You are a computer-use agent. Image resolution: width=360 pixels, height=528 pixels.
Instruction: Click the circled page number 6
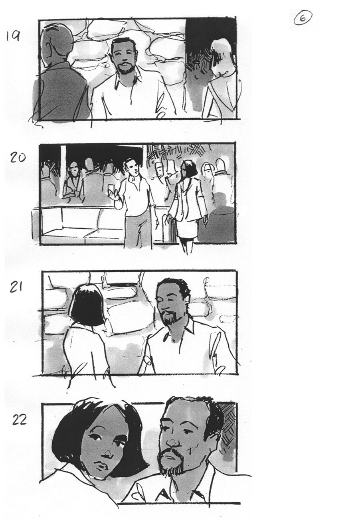click(303, 17)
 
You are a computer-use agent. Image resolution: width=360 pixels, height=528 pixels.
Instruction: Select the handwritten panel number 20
click(18, 157)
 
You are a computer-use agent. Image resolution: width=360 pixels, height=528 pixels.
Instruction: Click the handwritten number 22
click(19, 420)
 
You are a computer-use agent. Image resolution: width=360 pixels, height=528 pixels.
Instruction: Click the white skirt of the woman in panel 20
click(186, 229)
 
